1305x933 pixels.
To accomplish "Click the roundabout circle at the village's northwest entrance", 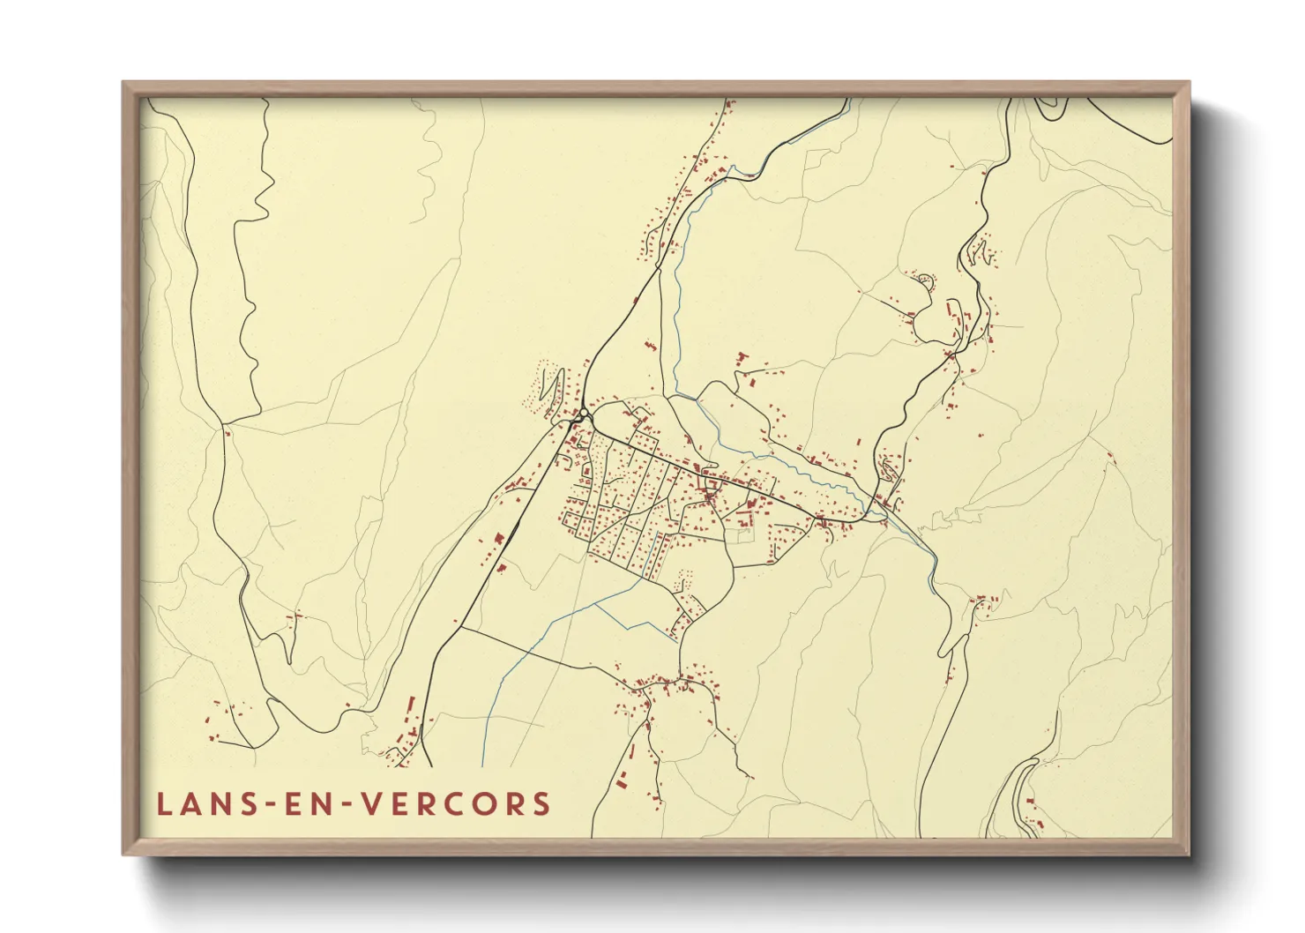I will pos(583,414).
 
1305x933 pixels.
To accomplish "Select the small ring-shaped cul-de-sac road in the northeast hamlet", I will pos(924,280).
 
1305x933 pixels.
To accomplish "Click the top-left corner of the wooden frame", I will pos(124,84).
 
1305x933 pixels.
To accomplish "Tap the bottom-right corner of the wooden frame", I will pos(1188,854).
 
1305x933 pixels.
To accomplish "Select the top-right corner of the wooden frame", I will pos(1188,84).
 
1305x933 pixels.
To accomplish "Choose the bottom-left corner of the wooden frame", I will pos(124,854).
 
